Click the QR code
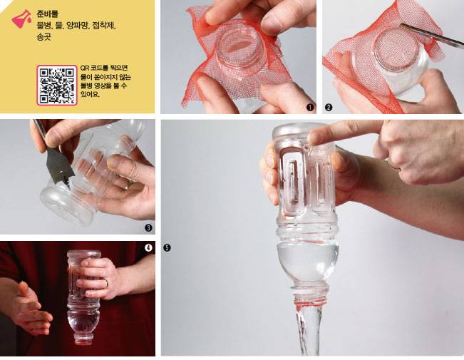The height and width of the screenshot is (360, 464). point(57,84)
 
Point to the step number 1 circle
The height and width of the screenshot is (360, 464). point(309,108)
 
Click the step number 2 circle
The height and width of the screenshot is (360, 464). point(329,108)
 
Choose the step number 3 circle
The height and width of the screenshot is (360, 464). point(148,228)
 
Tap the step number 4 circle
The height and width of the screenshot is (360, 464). point(148,248)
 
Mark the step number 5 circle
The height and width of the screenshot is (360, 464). point(167,248)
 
